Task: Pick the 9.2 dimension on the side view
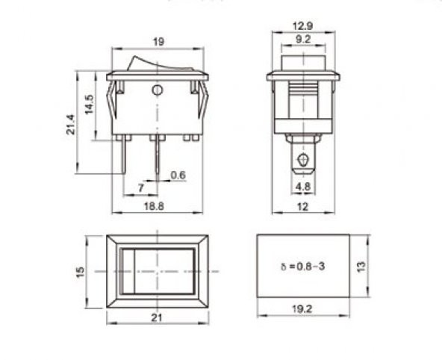[303, 39]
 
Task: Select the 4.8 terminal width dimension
[304, 186]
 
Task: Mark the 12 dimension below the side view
[303, 207]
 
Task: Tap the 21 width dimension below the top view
[157, 317]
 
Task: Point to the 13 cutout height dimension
[361, 267]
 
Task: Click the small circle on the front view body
[157, 91]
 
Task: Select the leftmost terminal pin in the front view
[123, 158]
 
